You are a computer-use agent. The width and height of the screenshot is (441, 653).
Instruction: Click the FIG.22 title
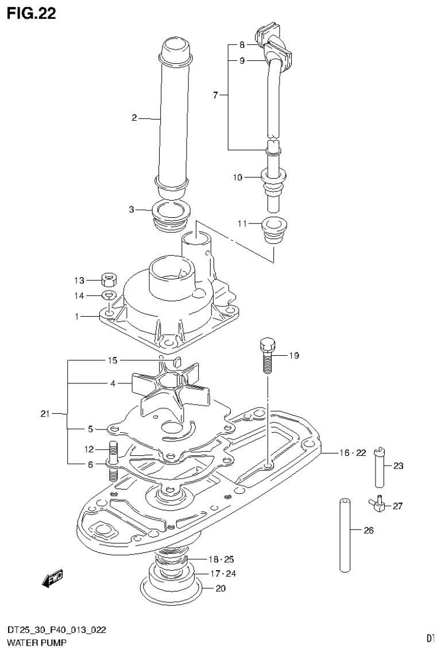point(32,14)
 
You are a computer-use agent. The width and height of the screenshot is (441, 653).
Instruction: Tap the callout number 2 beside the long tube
point(134,118)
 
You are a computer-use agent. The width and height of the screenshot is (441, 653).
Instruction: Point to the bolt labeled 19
point(268,356)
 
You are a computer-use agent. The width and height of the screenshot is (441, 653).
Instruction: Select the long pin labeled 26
point(344,532)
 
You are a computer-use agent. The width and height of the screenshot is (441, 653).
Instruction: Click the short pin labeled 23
point(380,466)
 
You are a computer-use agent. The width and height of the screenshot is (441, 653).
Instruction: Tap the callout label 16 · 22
point(352,454)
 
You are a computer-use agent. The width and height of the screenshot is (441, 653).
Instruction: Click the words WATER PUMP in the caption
point(33,642)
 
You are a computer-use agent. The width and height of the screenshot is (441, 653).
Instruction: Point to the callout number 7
point(216,95)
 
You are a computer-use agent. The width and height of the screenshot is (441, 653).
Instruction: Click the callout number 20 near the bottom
point(221,588)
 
